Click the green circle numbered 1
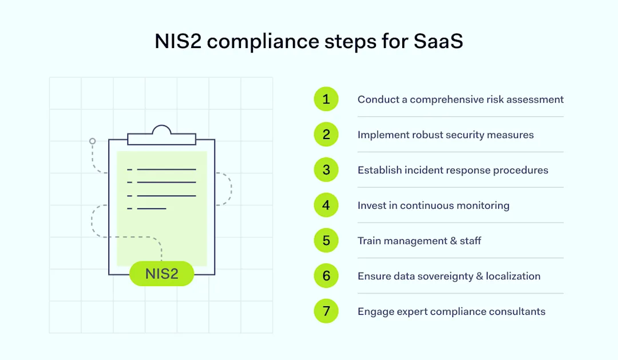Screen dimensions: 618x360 (326, 99)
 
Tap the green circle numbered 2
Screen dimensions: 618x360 (326, 134)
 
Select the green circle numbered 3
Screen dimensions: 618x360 (326, 170)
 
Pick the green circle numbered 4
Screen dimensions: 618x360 (326, 205)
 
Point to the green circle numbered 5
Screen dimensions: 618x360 (326, 240)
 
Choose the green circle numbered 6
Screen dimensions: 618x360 (326, 276)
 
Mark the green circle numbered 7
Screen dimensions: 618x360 (326, 311)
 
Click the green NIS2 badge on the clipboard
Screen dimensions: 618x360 (162, 274)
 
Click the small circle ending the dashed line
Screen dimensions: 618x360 (92, 141)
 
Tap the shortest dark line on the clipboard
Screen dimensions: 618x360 (152, 208)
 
